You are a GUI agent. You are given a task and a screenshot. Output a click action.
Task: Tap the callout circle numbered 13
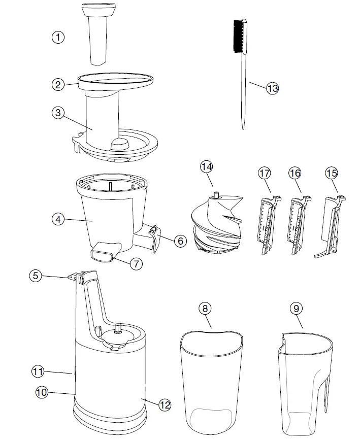tap(273, 88)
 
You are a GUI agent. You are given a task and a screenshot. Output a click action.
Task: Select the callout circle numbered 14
tap(206, 166)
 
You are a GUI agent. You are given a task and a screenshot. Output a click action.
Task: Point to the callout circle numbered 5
tap(35, 276)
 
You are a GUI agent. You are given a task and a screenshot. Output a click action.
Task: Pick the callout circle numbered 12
tap(165, 404)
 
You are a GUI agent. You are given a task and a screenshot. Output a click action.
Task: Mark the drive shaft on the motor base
tap(118, 328)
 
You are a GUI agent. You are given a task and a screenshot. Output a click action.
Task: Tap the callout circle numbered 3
tap(58, 113)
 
